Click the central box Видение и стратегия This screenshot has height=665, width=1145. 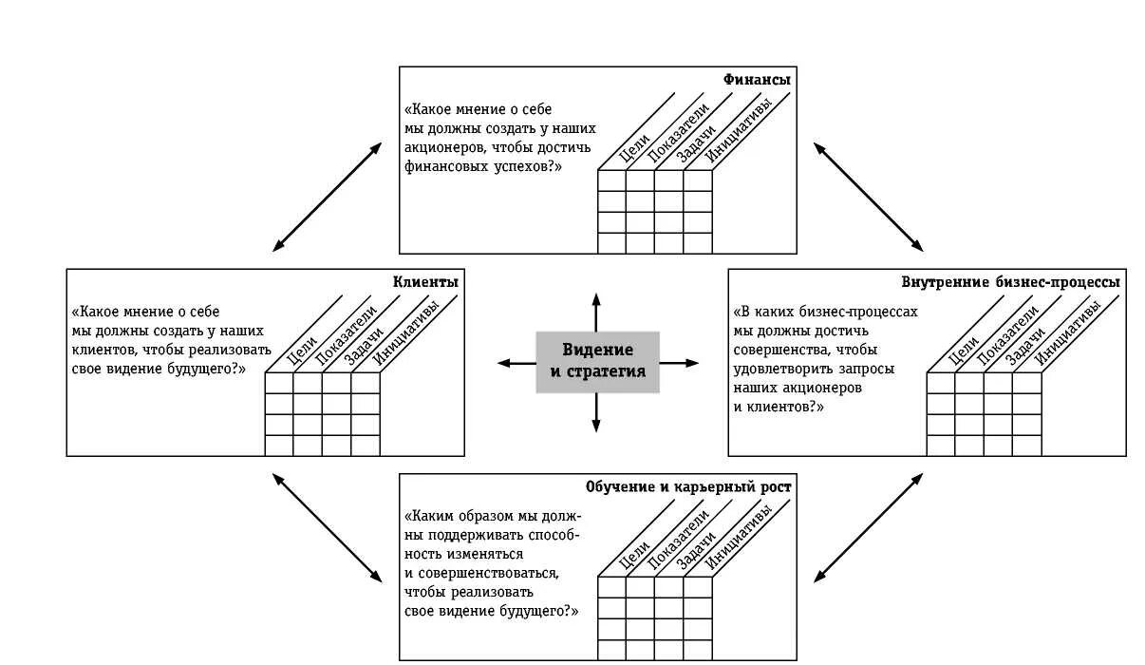[x=597, y=362]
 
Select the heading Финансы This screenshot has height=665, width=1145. [x=757, y=80]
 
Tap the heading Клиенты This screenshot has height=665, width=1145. [x=426, y=282]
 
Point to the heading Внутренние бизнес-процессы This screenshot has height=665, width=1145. [x=1010, y=282]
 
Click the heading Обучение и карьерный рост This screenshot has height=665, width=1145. [x=688, y=487]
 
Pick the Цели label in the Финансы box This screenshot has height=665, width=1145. [x=633, y=148]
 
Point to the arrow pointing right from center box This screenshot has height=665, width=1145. [x=679, y=363]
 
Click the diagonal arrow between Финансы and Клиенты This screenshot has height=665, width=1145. [x=328, y=197]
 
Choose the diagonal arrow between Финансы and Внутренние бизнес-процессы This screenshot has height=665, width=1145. [x=869, y=197]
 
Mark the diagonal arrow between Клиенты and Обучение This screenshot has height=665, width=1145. [x=328, y=527]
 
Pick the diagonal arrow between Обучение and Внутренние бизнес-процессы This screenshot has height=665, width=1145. [x=869, y=527]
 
